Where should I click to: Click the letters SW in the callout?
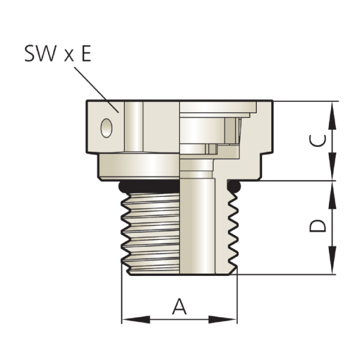click(x=40, y=53)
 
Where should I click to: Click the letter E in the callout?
click(x=86, y=53)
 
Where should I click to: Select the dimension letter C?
click(x=317, y=140)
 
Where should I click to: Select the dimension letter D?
click(x=317, y=226)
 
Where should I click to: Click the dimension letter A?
click(x=179, y=306)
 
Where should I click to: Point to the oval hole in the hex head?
click(x=107, y=128)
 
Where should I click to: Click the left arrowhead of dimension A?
click(x=136, y=319)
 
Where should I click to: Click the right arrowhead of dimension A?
click(x=223, y=319)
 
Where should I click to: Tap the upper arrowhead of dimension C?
click(x=332, y=115)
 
